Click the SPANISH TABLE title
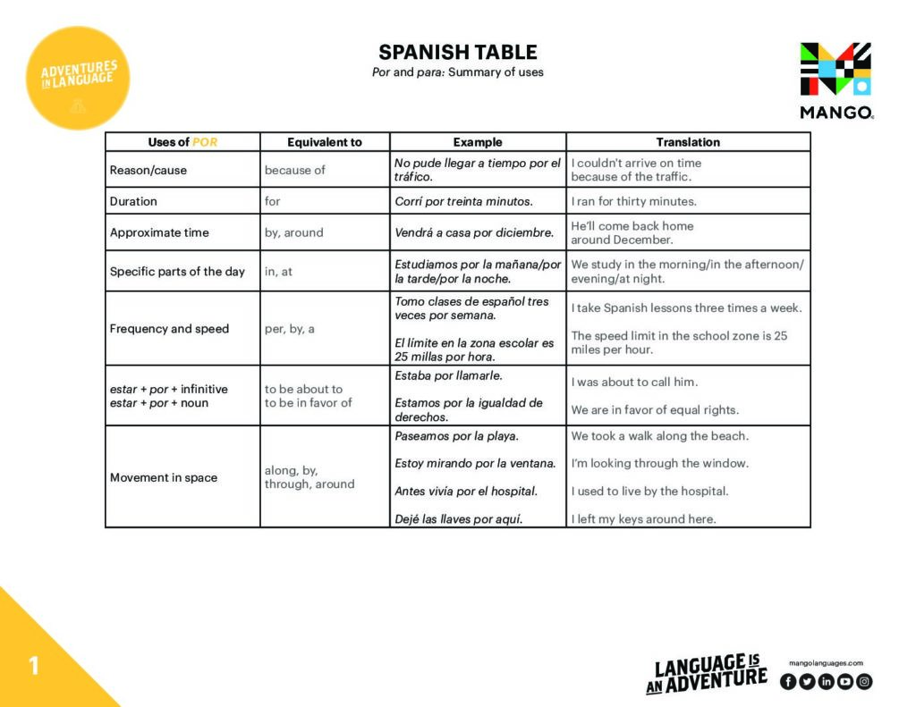coord(457,52)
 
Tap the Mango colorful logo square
coord(835,69)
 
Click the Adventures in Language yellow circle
coord(79,78)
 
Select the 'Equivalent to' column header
coord(325,142)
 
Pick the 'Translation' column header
coord(688,142)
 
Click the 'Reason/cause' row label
coord(148,170)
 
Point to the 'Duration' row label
coord(133,201)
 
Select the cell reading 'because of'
coord(295,170)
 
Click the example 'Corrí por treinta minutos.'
coord(463,201)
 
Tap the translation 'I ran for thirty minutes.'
coord(633,201)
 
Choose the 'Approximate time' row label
coord(159,232)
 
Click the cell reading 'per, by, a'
coord(290,329)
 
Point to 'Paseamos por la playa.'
coord(456,436)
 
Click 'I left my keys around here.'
coord(643,519)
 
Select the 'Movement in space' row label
coord(164,477)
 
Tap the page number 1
coord(34,666)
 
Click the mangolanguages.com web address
coord(826,663)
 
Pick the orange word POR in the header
coord(205,142)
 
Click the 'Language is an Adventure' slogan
coord(707,674)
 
